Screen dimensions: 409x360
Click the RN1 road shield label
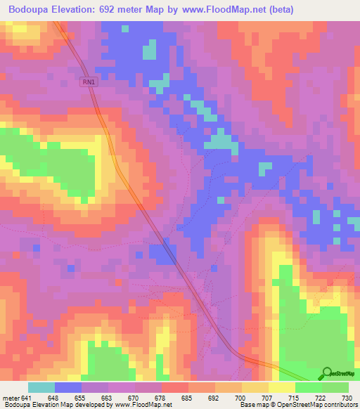[x=88, y=82]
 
